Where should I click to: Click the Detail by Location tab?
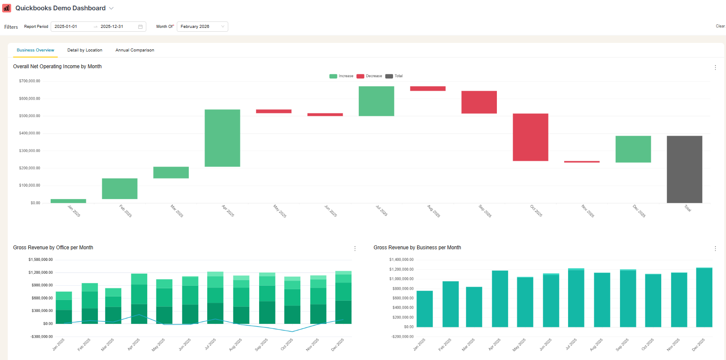[x=85, y=50]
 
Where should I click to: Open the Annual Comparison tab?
[x=135, y=50]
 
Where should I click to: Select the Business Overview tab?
[x=35, y=50]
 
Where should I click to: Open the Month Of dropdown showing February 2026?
[x=202, y=27]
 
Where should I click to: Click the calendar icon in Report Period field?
[x=140, y=27]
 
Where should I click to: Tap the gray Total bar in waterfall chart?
[x=684, y=169]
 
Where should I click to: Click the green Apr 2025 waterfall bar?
[x=222, y=138]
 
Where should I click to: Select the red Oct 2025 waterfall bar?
[x=530, y=137]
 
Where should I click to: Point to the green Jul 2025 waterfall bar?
[x=376, y=101]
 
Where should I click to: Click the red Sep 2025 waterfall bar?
[x=479, y=102]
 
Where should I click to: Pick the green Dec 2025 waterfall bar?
[x=633, y=149]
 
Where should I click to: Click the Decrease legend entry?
[x=369, y=76]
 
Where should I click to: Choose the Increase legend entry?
[x=342, y=76]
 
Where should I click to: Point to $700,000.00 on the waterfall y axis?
[x=30, y=81]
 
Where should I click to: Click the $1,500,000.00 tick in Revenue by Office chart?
[x=41, y=260]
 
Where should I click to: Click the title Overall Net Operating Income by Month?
[x=57, y=67]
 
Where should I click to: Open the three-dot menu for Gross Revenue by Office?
[x=355, y=248]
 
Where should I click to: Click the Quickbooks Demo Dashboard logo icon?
[x=6, y=8]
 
